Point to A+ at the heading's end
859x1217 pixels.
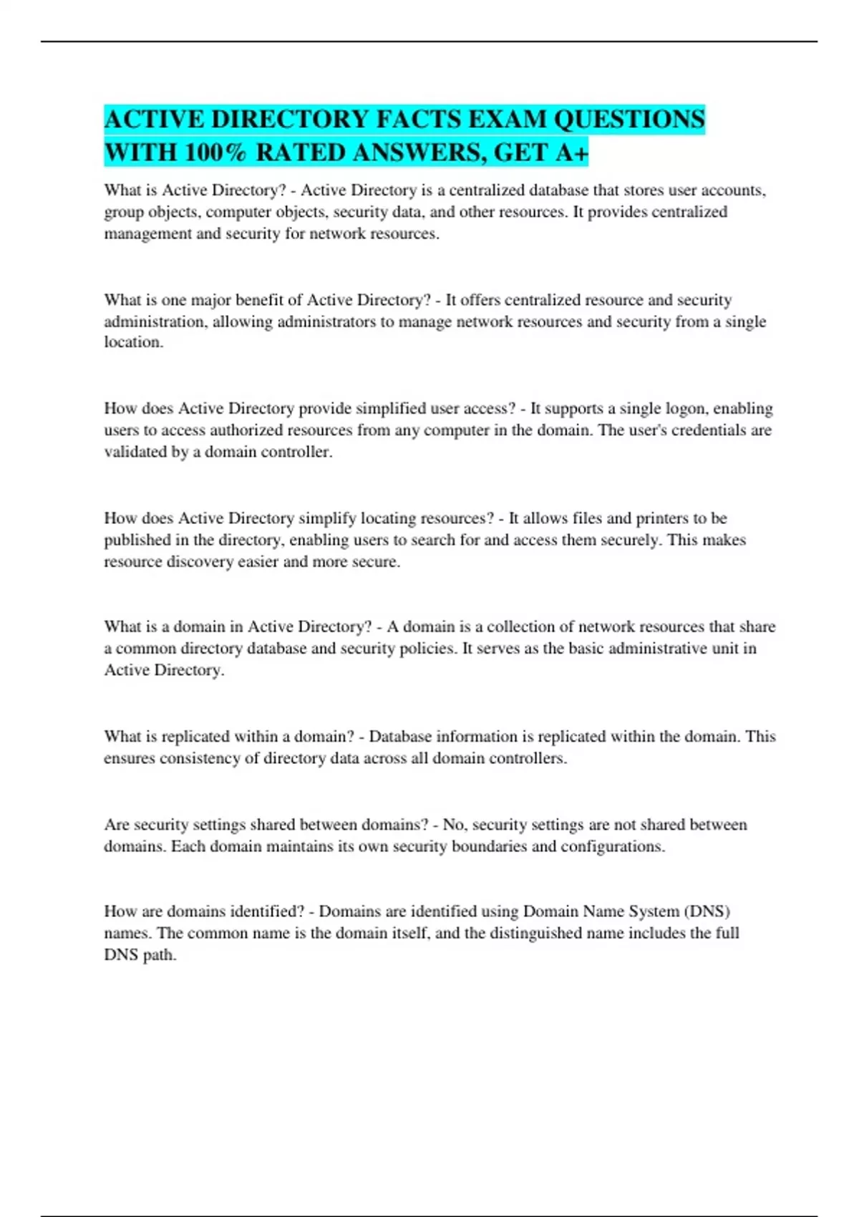(571, 152)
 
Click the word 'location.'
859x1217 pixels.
(134, 342)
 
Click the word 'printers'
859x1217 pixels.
(662, 518)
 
